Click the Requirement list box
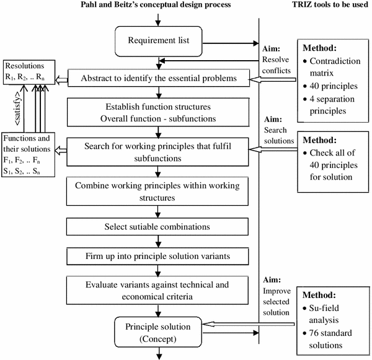point(159,42)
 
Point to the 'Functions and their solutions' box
point(28,157)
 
